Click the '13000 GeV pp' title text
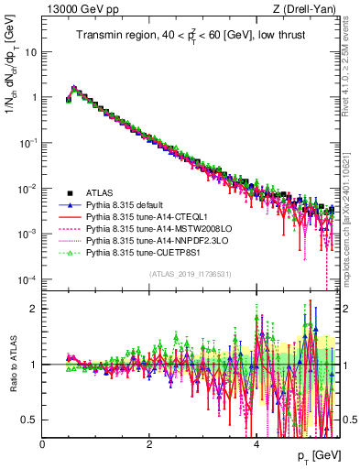79,9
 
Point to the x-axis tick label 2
150,443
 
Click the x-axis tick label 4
257,443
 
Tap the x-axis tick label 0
43,443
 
